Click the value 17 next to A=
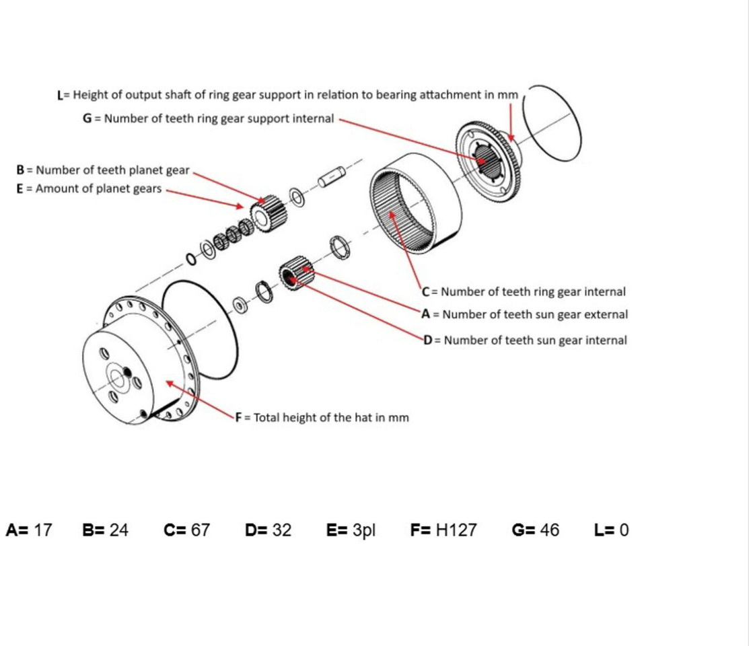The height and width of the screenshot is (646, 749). pyautogui.click(x=42, y=530)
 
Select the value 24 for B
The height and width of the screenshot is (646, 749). pyautogui.click(x=118, y=530)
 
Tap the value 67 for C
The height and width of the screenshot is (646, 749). pyautogui.click(x=200, y=530)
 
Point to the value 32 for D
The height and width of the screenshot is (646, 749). pyautogui.click(x=282, y=530)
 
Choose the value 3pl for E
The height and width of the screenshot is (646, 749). pyautogui.click(x=363, y=530)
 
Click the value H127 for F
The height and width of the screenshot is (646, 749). pyautogui.click(x=456, y=530)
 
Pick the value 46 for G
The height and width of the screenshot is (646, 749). pyautogui.click(x=549, y=530)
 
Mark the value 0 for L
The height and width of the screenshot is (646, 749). pyautogui.click(x=624, y=530)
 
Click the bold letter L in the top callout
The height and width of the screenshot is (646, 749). pyautogui.click(x=61, y=95)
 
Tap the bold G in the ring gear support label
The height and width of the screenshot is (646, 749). pyautogui.click(x=87, y=119)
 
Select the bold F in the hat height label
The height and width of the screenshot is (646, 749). pyautogui.click(x=238, y=418)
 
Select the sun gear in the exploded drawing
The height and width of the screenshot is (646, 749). pyautogui.click(x=295, y=273)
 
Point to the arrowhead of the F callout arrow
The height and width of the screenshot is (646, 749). pyautogui.click(x=168, y=382)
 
